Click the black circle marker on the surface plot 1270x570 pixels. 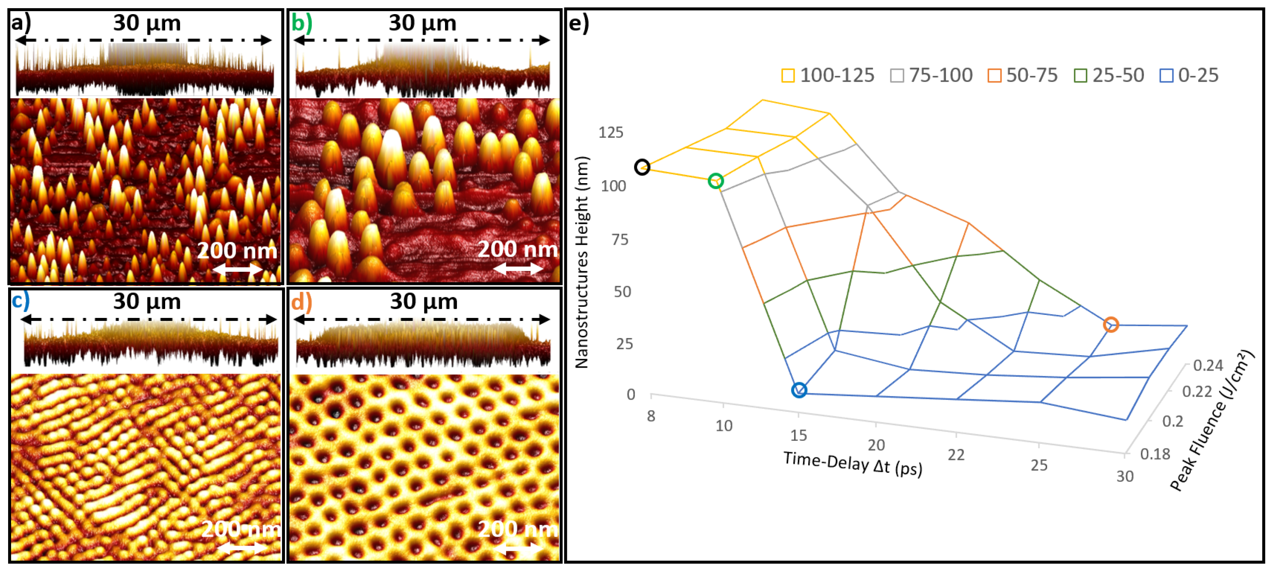[642, 167]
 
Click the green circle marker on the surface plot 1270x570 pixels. [715, 181]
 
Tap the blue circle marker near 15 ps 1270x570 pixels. [799, 390]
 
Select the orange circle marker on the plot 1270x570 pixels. [1110, 324]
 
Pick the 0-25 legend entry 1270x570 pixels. [1189, 75]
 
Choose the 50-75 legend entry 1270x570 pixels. [1023, 75]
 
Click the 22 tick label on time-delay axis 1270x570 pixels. [955, 454]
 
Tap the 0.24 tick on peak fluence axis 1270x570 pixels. [1208, 365]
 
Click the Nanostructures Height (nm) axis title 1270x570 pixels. [582, 262]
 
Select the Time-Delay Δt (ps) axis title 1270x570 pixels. [853, 463]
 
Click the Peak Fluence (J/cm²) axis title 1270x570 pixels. [1211, 421]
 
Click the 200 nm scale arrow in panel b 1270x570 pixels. [518, 269]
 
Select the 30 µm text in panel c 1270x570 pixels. [147, 301]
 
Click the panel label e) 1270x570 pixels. [579, 23]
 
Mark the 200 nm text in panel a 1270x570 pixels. [237, 250]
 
